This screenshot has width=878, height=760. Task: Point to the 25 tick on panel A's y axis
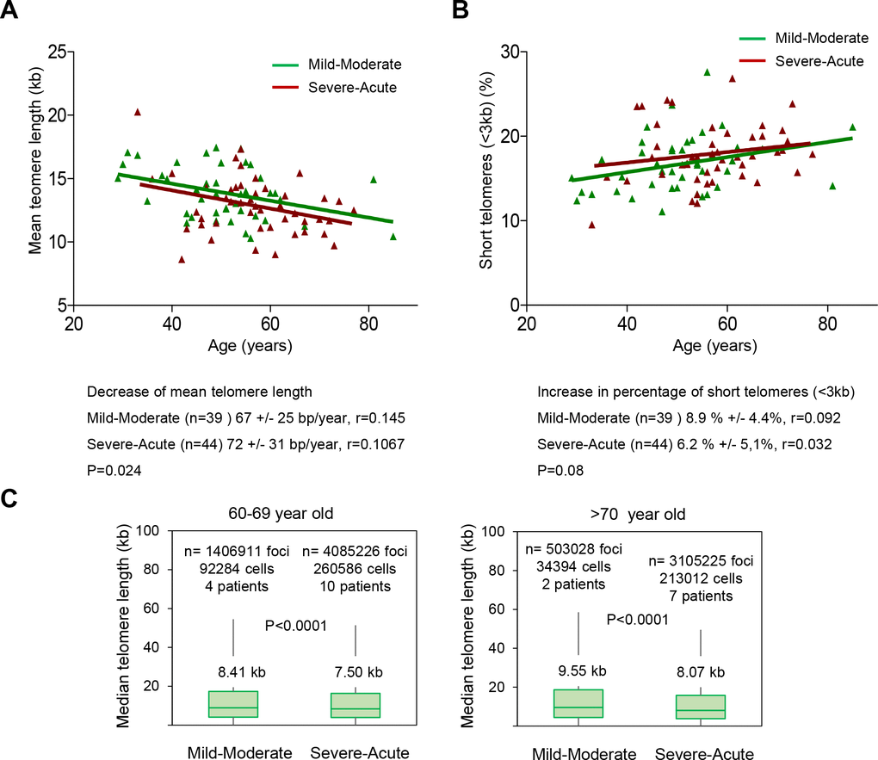coord(59,52)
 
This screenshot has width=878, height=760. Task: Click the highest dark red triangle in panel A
coord(138,112)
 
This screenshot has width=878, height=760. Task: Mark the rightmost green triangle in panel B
coord(852,127)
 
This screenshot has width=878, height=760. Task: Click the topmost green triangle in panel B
coord(707,72)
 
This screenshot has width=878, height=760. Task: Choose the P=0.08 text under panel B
coord(560,470)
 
